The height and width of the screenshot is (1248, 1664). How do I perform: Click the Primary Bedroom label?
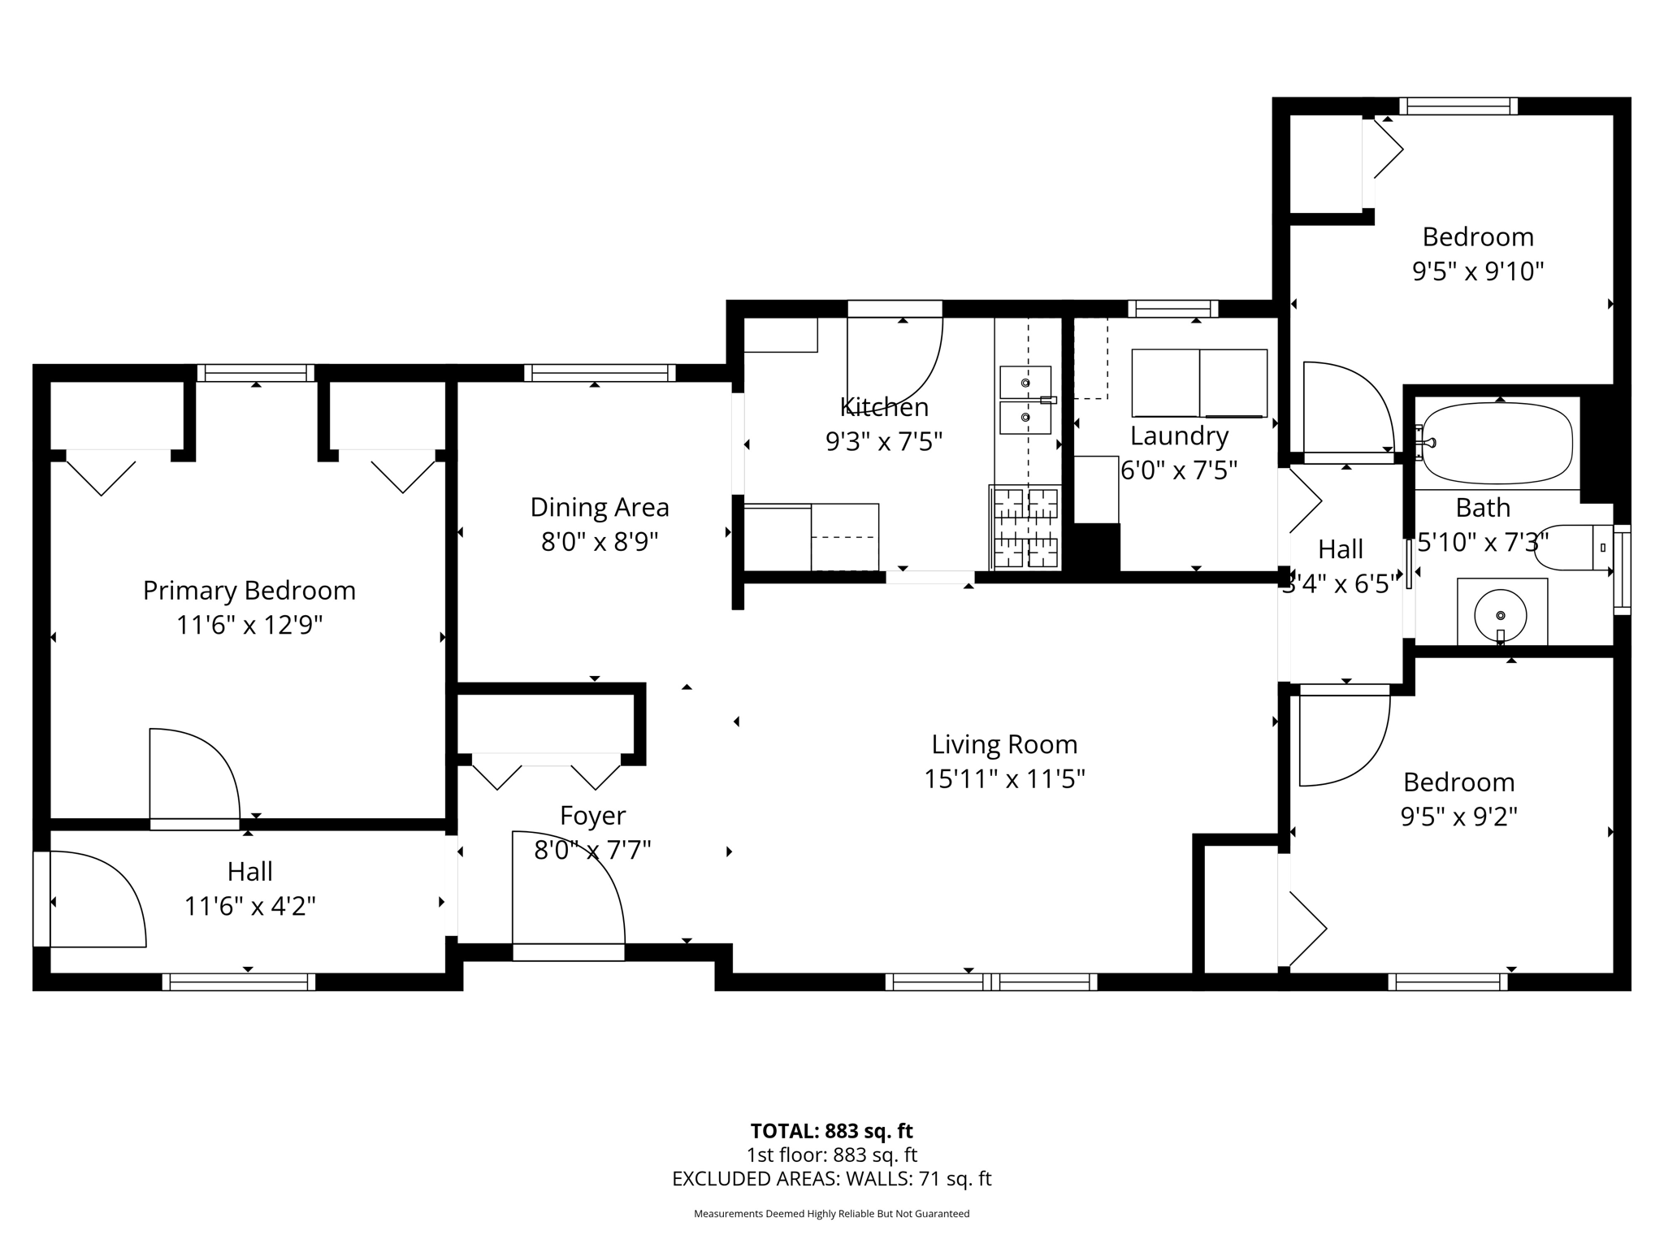point(249,591)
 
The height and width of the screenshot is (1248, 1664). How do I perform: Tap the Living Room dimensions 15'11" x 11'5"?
point(1004,779)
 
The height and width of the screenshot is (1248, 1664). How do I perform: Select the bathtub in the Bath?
point(1497,444)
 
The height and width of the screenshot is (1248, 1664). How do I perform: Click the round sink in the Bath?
point(1501,617)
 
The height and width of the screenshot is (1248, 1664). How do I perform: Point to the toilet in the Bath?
point(1573,548)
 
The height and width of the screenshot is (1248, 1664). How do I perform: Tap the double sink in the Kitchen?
point(1025,401)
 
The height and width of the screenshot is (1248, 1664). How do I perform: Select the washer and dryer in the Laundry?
point(1199,383)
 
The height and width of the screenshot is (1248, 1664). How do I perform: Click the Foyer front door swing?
point(569,890)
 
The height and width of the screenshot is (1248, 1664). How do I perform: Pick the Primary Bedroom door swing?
point(193,776)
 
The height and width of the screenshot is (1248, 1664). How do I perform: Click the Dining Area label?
point(600,508)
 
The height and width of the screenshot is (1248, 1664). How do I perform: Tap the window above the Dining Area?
point(600,373)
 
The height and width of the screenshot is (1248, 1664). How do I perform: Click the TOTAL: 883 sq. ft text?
point(831,1131)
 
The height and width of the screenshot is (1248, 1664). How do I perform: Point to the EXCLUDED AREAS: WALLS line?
point(831,1179)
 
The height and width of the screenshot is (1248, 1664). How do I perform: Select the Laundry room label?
point(1179,436)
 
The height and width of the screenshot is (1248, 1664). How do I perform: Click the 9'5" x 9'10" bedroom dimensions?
point(1477,271)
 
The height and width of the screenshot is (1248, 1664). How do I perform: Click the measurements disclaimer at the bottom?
point(831,1214)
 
